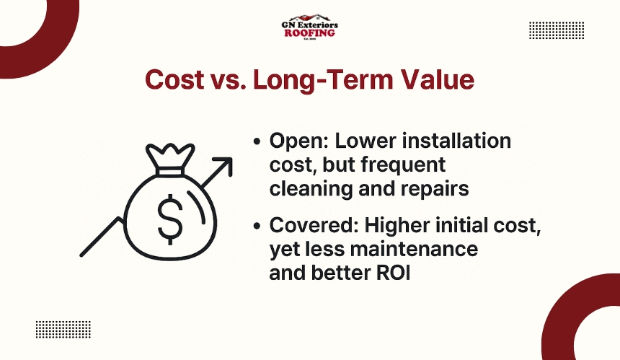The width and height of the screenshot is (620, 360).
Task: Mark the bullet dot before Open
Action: (x=257, y=142)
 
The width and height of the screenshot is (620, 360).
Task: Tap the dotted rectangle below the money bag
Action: (x=63, y=329)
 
